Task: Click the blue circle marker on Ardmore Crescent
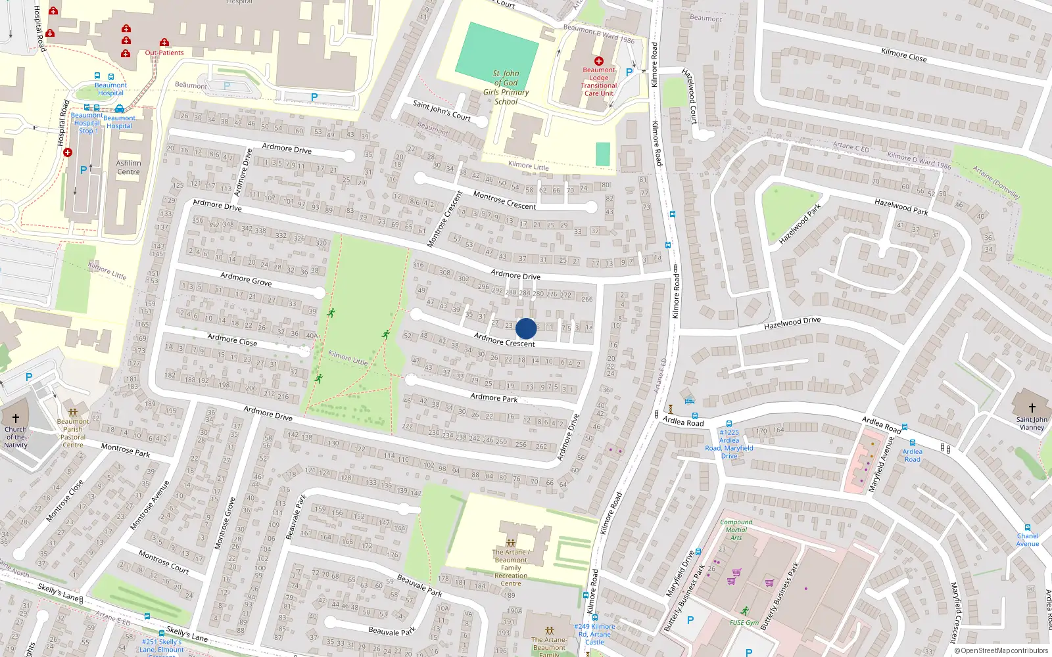pyautogui.click(x=526, y=328)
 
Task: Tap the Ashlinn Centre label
pyautogui.click(x=128, y=168)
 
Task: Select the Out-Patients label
pyautogui.click(x=164, y=53)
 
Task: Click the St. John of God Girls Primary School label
pyautogui.click(x=506, y=87)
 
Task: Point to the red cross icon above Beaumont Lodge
pyautogui.click(x=599, y=61)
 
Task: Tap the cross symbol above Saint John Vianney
pyautogui.click(x=1032, y=408)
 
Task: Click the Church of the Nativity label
pyautogui.click(x=16, y=437)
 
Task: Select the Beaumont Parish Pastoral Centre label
pyautogui.click(x=73, y=433)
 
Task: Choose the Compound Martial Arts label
pyautogui.click(x=736, y=530)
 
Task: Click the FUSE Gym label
pyautogui.click(x=744, y=622)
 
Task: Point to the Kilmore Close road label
pyautogui.click(x=904, y=55)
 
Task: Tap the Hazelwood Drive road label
pyautogui.click(x=792, y=323)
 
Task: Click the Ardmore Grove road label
pyautogui.click(x=246, y=279)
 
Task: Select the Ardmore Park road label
pyautogui.click(x=494, y=397)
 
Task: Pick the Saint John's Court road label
pyautogui.click(x=442, y=110)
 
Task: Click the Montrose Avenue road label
pyautogui.click(x=150, y=505)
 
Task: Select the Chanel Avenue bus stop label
pyautogui.click(x=1028, y=539)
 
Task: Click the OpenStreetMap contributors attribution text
pyautogui.click(x=1002, y=650)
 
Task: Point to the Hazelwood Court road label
pyautogui.click(x=690, y=96)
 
